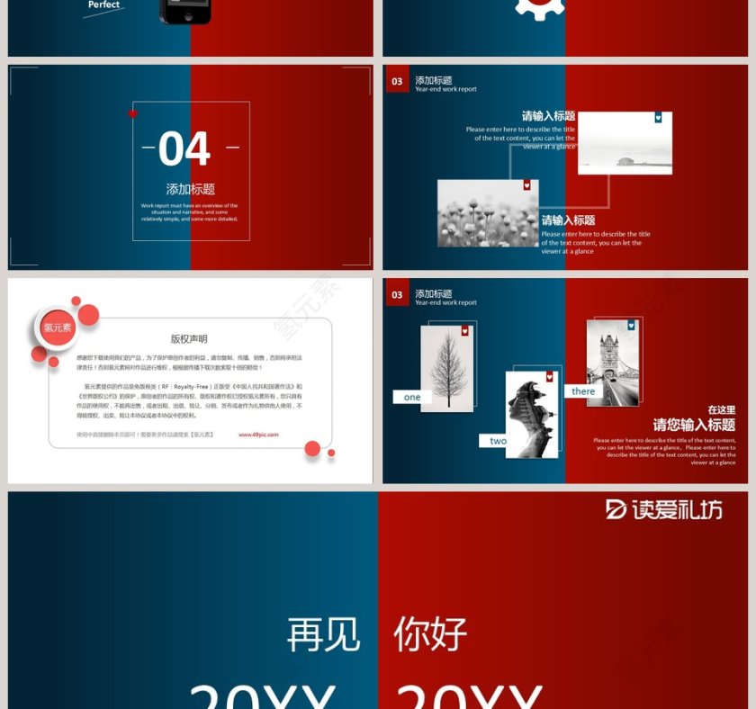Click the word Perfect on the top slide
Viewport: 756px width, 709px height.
tap(103, 5)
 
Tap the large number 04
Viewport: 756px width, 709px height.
tap(184, 149)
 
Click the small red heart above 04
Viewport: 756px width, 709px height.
tap(133, 114)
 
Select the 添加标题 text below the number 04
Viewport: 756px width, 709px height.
tap(191, 189)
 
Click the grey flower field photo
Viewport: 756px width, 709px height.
tap(487, 213)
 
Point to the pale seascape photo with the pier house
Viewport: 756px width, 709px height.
tap(625, 143)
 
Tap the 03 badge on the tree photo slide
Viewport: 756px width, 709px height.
tap(397, 295)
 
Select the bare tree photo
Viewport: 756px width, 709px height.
tap(446, 368)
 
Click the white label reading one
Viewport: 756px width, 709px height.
tap(412, 397)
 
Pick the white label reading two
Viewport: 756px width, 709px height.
tap(498, 441)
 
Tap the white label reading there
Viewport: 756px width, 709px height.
tap(583, 391)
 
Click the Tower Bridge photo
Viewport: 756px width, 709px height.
tap(612, 363)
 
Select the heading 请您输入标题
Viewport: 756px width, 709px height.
tap(694, 426)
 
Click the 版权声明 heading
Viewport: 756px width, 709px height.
tap(189, 339)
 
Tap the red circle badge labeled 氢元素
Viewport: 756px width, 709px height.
tap(57, 328)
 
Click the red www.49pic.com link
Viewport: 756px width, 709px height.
tap(258, 435)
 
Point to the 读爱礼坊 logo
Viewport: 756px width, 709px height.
tap(664, 509)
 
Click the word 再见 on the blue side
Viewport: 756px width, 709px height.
tap(323, 635)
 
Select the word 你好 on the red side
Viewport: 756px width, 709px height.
tap(430, 635)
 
